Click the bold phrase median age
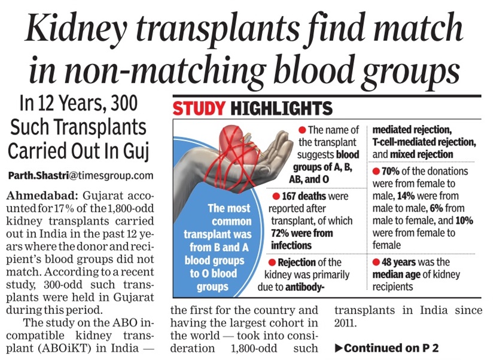(x=399, y=274)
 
